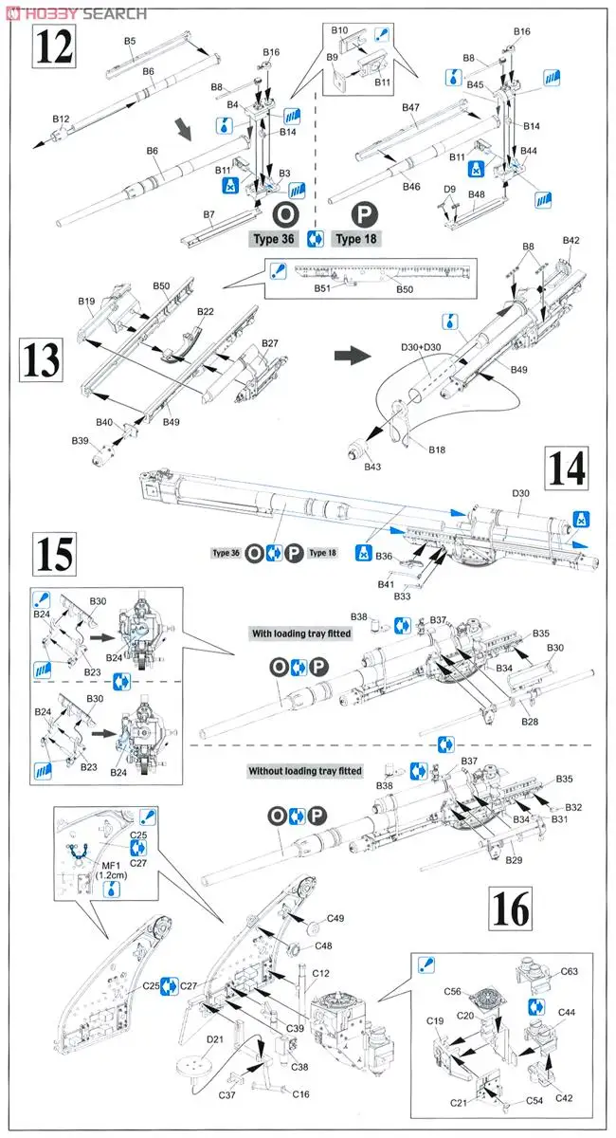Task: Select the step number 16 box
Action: click(511, 909)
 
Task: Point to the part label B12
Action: click(62, 119)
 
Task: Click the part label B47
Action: click(409, 108)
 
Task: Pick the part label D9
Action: click(451, 190)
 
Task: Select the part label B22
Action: click(206, 312)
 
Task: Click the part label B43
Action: click(371, 466)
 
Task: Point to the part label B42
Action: click(571, 241)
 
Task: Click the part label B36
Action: click(383, 556)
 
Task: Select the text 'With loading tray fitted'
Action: click(300, 633)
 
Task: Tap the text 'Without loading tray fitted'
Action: click(304, 771)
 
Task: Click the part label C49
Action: click(335, 917)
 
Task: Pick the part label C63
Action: click(569, 971)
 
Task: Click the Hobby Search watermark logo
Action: click(75, 12)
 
